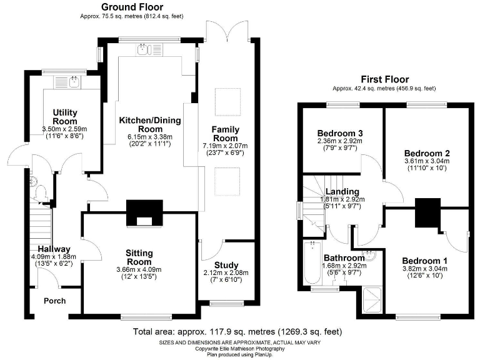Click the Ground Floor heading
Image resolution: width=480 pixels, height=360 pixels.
pyautogui.click(x=132, y=7)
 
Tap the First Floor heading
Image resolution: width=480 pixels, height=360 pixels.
pyautogui.click(x=385, y=79)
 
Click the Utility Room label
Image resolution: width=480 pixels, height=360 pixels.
pyautogui.click(x=65, y=117)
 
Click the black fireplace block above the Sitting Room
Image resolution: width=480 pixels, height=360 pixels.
pyautogui.click(x=144, y=213)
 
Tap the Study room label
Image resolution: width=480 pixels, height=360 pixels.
pyautogui.click(x=226, y=265)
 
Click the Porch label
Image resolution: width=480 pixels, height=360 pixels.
pyautogui.click(x=55, y=301)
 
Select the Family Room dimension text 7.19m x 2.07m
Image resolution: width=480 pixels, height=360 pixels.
pyautogui.click(x=225, y=146)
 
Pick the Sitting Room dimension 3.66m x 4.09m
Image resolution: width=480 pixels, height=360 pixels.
pyautogui.click(x=139, y=270)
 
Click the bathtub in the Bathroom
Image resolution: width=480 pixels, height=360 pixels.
pyautogui.click(x=312, y=263)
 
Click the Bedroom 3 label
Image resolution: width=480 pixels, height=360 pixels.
pyautogui.click(x=340, y=134)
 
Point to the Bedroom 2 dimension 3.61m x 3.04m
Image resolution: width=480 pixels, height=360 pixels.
pyautogui.click(x=427, y=161)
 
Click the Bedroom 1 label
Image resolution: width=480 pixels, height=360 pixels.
pyautogui.click(x=424, y=261)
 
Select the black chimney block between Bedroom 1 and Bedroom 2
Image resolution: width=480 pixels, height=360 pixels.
pyautogui.click(x=427, y=212)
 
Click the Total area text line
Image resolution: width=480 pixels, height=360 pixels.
pyautogui.click(x=237, y=331)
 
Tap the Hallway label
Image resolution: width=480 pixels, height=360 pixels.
pyautogui.click(x=54, y=249)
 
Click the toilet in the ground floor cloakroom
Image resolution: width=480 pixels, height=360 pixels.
pyautogui.click(x=40, y=192)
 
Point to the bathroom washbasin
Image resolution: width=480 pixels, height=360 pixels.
pyautogui.click(x=369, y=256)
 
